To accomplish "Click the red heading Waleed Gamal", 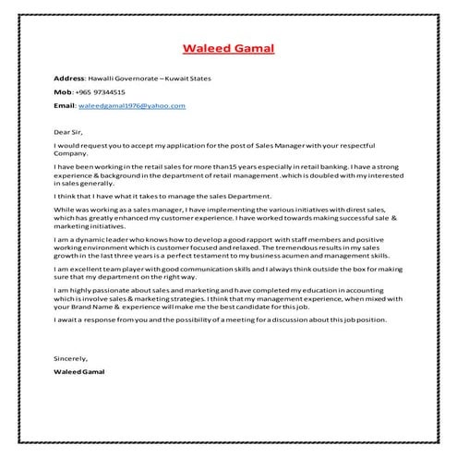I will (228, 48).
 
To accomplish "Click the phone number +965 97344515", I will (101, 92).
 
